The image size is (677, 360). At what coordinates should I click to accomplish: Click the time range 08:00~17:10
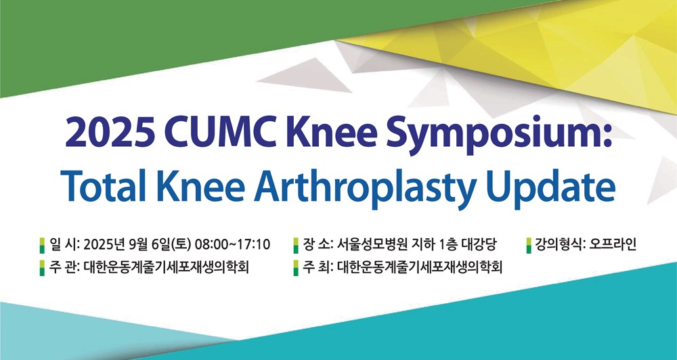click(x=233, y=244)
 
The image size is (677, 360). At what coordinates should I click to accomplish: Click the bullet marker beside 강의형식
click(x=529, y=245)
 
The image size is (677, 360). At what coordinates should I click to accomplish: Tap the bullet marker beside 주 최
click(x=297, y=268)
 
